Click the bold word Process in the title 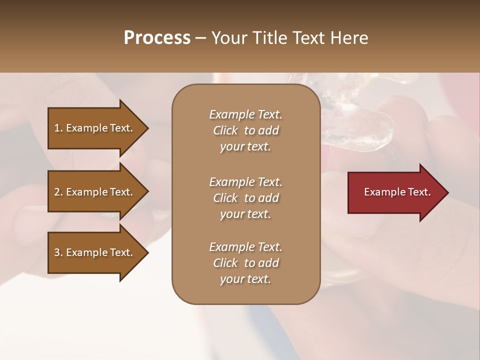tap(157, 38)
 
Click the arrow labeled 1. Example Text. tap(93, 128)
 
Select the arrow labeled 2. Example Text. tap(93, 192)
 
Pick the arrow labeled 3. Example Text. tap(93, 252)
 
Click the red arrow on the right tap(395, 192)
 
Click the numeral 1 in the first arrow tap(57, 128)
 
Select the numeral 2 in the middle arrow tap(57, 192)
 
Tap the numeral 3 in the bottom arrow tap(57, 252)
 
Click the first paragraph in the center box tap(245, 130)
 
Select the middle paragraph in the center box tap(245, 198)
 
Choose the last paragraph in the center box tap(245, 263)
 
